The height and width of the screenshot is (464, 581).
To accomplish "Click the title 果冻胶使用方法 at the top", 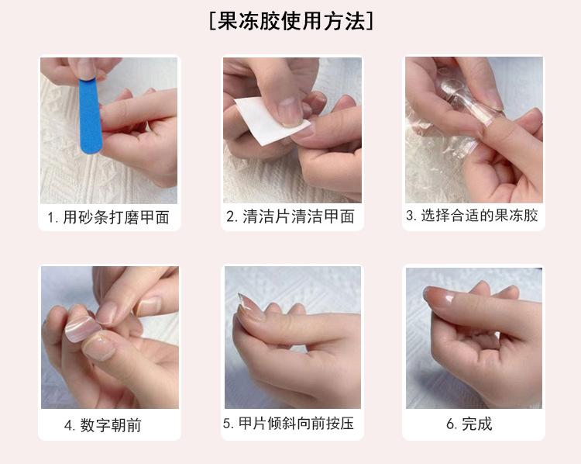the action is (290, 21).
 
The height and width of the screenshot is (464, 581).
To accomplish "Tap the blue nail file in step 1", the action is (90, 115).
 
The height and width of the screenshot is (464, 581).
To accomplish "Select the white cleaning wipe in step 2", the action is (270, 120).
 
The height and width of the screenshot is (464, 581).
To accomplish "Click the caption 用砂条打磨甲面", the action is (116, 217).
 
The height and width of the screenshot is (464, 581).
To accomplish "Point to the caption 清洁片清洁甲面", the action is (298, 216).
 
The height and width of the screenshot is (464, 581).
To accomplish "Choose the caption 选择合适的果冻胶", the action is (479, 215).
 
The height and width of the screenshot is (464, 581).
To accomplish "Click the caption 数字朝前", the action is (111, 425).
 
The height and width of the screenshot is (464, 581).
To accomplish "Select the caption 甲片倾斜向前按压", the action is (296, 423).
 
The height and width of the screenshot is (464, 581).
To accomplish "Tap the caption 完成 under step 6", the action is (477, 424).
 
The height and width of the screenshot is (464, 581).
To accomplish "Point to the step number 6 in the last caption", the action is (450, 424).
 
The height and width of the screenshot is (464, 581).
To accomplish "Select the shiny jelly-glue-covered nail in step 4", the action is (82, 328).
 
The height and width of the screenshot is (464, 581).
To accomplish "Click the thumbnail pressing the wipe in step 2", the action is (290, 112).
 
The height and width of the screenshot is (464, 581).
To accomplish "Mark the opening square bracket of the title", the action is (212, 21).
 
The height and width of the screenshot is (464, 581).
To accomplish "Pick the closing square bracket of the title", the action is (370, 21).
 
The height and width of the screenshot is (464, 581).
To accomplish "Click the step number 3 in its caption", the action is (410, 215).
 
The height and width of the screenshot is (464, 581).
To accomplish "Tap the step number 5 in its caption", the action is (227, 424).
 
